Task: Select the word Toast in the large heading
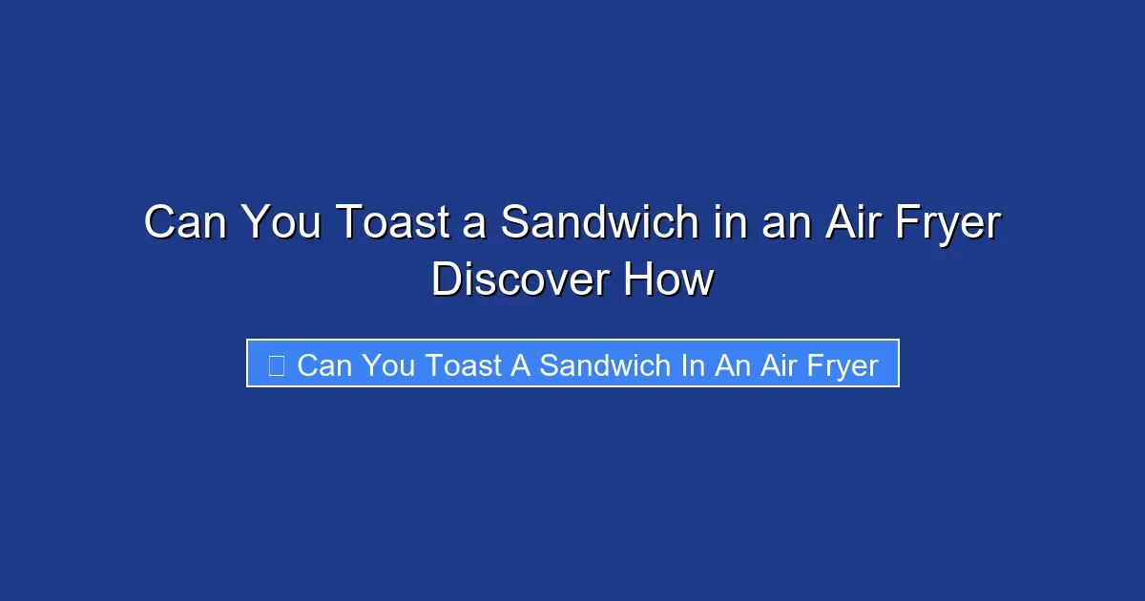[x=385, y=223]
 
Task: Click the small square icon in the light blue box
[x=276, y=365]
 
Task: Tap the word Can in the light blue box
[x=324, y=365]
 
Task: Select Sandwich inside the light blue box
[x=606, y=365]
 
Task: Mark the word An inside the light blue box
[x=733, y=365]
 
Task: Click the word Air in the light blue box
[x=781, y=365]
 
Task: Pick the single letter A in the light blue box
[x=521, y=365]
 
